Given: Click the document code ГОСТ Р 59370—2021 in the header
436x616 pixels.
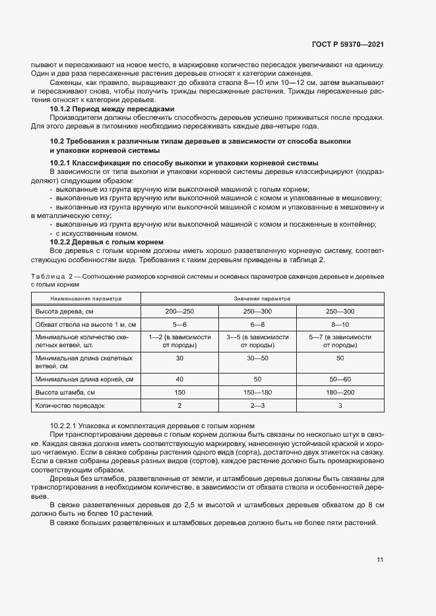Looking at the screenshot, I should [x=348, y=44].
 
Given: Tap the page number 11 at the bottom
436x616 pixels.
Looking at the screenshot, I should [x=380, y=560].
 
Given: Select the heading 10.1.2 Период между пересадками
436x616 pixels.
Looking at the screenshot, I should [x=112, y=109].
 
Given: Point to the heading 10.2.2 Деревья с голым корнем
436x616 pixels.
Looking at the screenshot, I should [x=107, y=242].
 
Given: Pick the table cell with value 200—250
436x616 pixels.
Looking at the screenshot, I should [x=179, y=311].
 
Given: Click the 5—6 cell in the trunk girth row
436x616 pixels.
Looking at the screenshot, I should [x=179, y=325].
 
